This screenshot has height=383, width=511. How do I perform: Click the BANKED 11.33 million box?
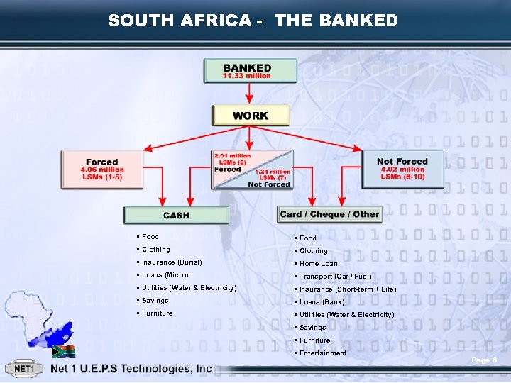pos(247,70)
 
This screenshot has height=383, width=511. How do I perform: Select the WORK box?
pos(251,116)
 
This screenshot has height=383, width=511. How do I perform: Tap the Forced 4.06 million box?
pos(102,170)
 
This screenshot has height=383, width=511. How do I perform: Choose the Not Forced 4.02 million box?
pos(402,169)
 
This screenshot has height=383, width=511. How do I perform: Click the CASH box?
pos(176,215)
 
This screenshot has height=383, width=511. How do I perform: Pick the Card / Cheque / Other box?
pos(329,214)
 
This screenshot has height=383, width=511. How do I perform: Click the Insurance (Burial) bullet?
pos(172,262)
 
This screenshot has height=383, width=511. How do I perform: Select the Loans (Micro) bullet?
pos(165,275)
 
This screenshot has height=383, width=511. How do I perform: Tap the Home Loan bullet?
pos(319,264)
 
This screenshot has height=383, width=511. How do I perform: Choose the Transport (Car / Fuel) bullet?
pos(335,277)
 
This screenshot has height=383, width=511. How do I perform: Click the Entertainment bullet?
pos(323,353)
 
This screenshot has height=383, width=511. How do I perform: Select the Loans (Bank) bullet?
pos(322,302)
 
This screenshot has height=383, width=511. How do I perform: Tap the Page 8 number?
pos(484,361)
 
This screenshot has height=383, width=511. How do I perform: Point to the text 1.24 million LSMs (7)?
pos(273,174)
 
